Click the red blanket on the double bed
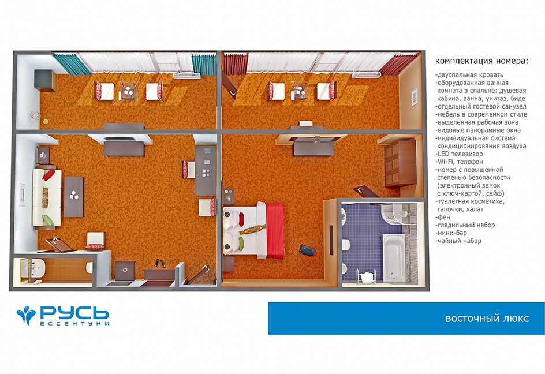[275, 230]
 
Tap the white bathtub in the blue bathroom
[394, 257]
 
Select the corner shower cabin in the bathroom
[395, 214]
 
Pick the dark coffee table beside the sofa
[74, 197]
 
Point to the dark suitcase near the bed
[307, 249]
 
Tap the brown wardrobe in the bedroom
[400, 163]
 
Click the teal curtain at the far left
[72, 63]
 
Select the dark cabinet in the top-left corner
[45, 80]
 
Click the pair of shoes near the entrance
[159, 263]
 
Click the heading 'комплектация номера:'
[481, 61]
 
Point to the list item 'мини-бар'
[451, 233]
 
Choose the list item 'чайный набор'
[458, 241]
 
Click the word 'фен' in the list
[442, 217]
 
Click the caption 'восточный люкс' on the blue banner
[487, 319]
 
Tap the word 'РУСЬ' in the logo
[74, 313]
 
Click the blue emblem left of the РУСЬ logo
[26, 315]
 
